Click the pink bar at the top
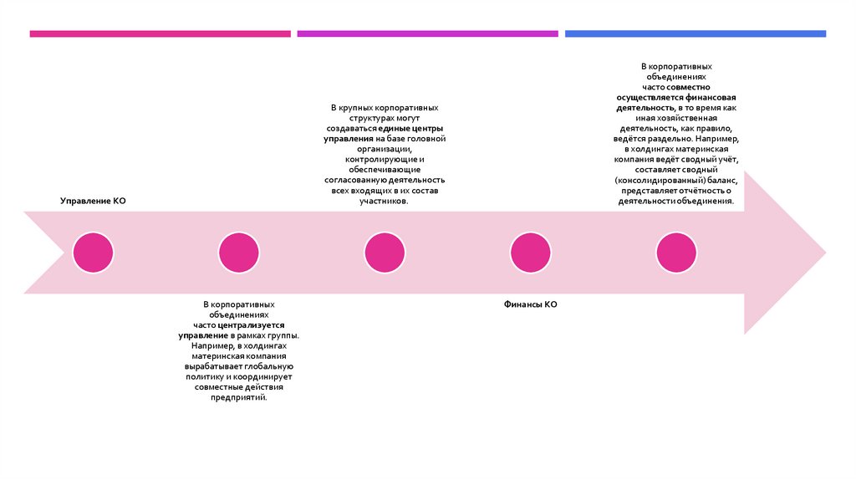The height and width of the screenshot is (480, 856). [x=160, y=34]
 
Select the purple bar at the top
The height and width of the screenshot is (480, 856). [x=427, y=34]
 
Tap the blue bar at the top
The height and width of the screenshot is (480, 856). [x=695, y=34]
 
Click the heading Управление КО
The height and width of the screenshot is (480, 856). [x=93, y=202]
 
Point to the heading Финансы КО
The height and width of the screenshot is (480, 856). [x=530, y=305]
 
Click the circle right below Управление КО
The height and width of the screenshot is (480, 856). [x=93, y=253]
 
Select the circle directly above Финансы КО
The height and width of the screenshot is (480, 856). [x=530, y=253]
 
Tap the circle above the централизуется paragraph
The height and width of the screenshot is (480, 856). [x=239, y=253]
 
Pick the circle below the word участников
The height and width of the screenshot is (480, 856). [x=385, y=253]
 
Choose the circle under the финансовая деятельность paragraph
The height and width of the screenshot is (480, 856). [x=676, y=253]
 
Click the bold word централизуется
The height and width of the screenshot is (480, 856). [x=252, y=324]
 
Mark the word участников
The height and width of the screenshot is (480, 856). [x=384, y=202]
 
